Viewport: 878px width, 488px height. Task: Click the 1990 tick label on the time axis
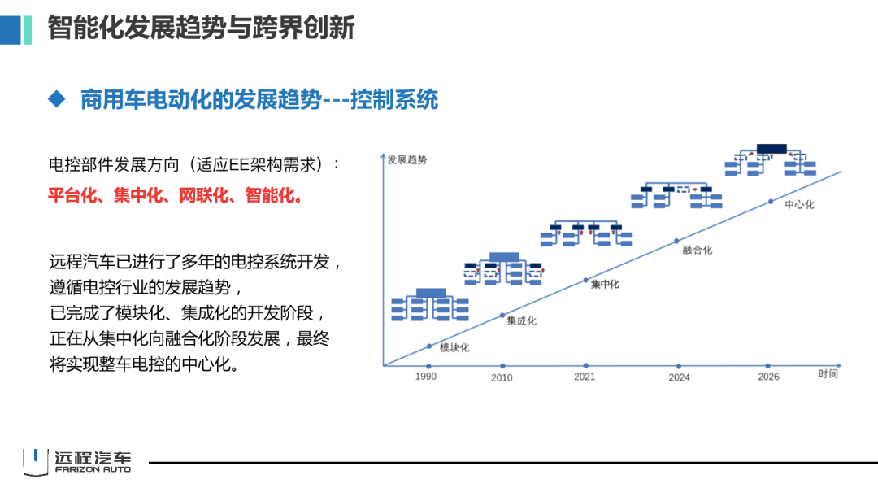point(425,377)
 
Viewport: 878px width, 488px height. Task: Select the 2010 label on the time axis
point(502,377)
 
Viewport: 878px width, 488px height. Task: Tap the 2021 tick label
point(585,377)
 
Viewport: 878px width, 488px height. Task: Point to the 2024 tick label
point(679,377)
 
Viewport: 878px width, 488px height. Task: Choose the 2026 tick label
point(768,377)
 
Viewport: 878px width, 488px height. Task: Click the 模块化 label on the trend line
point(454,348)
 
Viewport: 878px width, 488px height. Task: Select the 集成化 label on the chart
point(521,320)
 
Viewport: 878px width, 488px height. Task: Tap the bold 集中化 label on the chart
point(605,284)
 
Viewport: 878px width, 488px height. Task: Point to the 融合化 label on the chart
point(698,250)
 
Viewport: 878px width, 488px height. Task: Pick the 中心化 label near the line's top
point(799,204)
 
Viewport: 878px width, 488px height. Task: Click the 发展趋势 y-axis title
point(407,159)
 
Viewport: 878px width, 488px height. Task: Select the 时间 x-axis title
point(828,373)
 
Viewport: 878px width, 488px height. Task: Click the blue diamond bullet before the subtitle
point(56,99)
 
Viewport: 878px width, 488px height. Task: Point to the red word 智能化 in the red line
point(271,196)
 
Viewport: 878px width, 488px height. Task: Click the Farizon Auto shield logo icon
point(35,461)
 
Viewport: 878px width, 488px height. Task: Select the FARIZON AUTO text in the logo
point(92,469)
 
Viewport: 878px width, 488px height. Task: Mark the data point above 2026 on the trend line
point(771,201)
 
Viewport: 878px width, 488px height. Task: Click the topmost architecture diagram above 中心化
point(770,161)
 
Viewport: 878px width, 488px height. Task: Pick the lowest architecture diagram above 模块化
point(430,304)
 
